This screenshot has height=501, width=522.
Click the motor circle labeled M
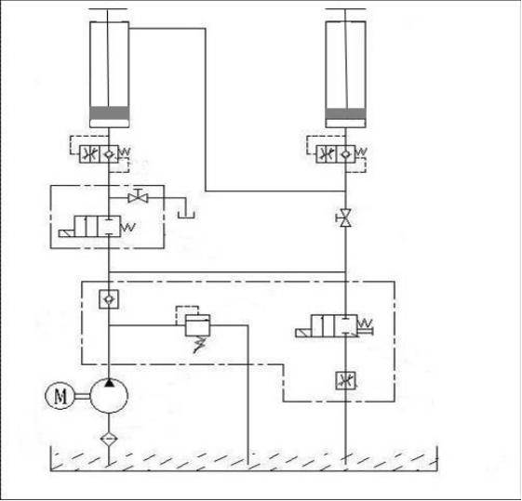[60, 395]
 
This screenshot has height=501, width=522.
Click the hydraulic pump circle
[109, 396]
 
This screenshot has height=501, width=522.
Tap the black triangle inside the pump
[109, 382]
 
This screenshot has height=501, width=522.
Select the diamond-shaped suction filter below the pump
[109, 439]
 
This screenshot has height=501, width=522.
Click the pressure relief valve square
[198, 324]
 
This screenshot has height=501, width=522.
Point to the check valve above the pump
[109, 299]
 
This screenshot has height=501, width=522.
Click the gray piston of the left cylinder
[109, 113]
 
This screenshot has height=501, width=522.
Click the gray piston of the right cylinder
[345, 113]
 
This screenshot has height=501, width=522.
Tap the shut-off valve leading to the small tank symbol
[138, 197]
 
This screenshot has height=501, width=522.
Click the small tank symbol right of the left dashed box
[186, 214]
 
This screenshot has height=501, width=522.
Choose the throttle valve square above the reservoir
[345, 381]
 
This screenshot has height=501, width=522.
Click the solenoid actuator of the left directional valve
[67, 233]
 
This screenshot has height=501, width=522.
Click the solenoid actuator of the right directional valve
[303, 333]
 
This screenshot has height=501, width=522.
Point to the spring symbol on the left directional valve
[128, 228]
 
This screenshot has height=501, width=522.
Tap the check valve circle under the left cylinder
[109, 154]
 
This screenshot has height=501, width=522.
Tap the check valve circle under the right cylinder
[345, 154]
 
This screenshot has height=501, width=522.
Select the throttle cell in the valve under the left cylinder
[89, 154]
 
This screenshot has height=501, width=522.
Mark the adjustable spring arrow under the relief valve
[199, 345]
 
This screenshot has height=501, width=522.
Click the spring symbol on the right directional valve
[365, 323]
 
